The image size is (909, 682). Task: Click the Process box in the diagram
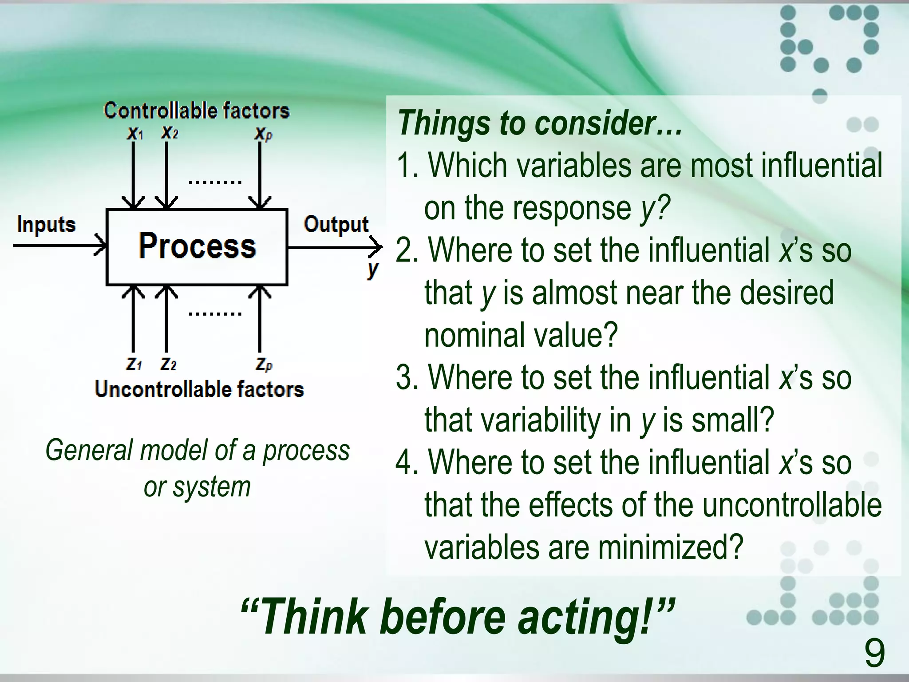[x=197, y=246]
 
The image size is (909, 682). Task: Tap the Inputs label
[x=46, y=225]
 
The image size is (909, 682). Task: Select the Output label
[x=336, y=225]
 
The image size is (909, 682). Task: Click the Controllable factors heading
[x=197, y=111]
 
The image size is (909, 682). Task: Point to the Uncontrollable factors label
[x=199, y=389]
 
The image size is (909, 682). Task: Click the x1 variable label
[x=134, y=133]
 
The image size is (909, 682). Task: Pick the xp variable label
[x=263, y=134]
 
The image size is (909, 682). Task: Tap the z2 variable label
[x=169, y=365]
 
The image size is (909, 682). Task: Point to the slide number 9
[x=874, y=654]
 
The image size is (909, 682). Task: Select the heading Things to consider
[x=539, y=123]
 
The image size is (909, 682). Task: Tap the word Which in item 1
[x=468, y=166]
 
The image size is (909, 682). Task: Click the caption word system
[x=212, y=488]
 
